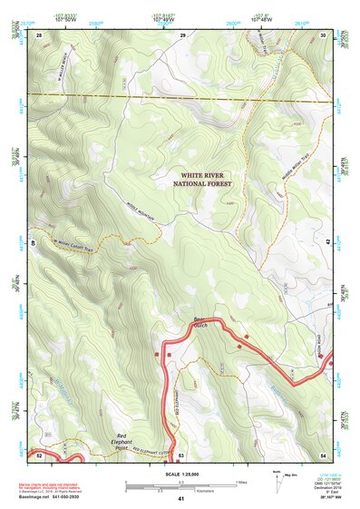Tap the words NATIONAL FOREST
[202, 183]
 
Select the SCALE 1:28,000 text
[180, 474]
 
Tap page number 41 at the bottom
[180, 499]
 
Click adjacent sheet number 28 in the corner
[40, 34]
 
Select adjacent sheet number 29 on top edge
[182, 34]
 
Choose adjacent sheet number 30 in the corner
[324, 34]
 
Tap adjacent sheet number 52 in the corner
[40, 454]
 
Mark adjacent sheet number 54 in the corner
[324, 454]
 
